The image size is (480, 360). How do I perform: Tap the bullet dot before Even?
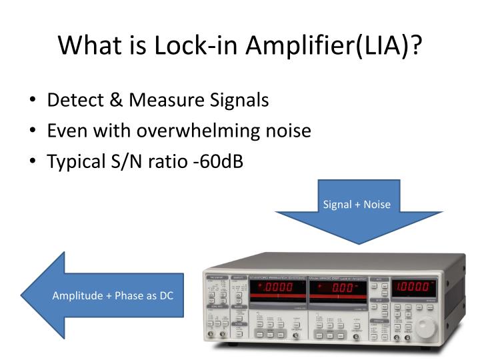pos(33,131)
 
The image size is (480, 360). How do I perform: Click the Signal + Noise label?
pos(357,204)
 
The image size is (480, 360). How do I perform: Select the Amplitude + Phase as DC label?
pos(113,295)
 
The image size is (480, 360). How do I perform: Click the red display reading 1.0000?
pos(413,289)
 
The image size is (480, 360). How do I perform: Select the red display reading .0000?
pos(276,289)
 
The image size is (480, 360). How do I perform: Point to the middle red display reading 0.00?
pos(337,289)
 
